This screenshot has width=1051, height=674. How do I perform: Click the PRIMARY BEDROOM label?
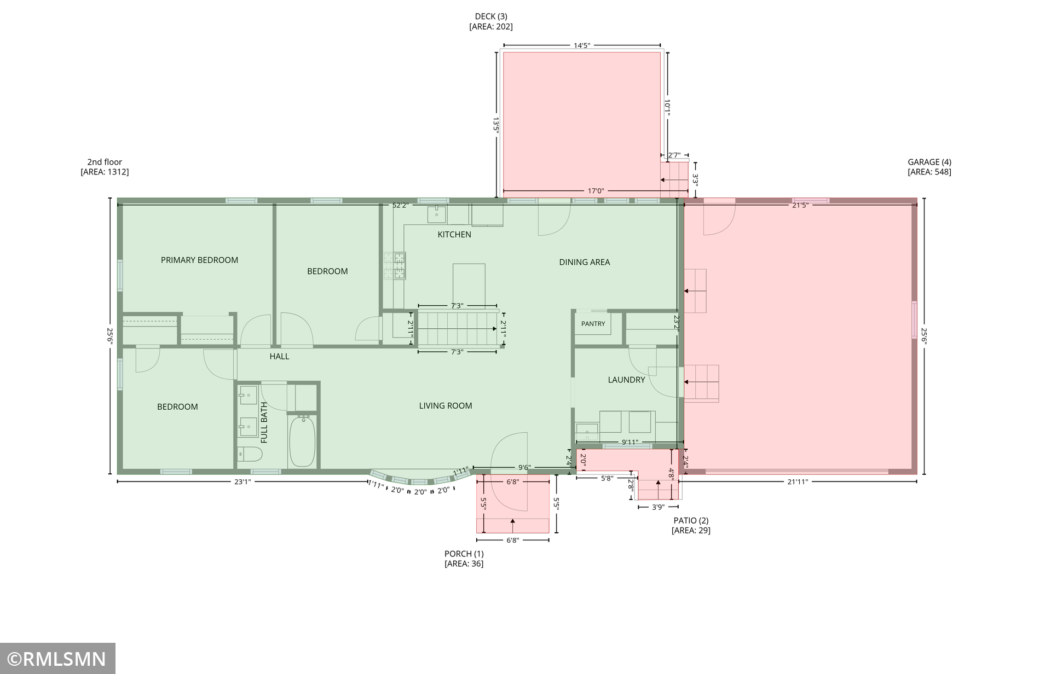tap(199, 260)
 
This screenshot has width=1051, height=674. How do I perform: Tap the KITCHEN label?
tap(454, 234)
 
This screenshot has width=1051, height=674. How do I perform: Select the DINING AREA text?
tap(584, 262)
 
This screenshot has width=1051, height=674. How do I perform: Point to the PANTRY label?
tap(593, 323)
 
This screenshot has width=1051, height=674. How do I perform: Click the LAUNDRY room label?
tap(626, 380)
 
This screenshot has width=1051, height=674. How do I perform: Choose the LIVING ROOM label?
tap(446, 405)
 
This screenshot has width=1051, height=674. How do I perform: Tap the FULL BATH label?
tap(264, 422)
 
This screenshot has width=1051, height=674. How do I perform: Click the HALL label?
tap(279, 356)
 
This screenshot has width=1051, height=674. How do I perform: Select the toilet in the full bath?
tap(250, 454)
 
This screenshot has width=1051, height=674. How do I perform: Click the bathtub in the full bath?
tap(302, 441)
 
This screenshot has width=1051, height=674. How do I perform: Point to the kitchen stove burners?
tap(395, 266)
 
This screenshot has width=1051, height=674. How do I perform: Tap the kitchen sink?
tap(437, 214)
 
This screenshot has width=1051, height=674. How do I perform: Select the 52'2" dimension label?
tap(401, 205)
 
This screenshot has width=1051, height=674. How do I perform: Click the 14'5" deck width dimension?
tap(582, 45)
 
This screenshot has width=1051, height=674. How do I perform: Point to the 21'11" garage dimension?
tap(798, 481)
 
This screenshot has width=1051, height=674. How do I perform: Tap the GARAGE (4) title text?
tap(929, 162)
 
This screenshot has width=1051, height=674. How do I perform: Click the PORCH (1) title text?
tap(464, 554)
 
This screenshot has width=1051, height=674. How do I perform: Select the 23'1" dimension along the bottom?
tap(242, 481)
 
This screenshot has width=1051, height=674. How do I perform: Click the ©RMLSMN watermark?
tap(57, 658)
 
